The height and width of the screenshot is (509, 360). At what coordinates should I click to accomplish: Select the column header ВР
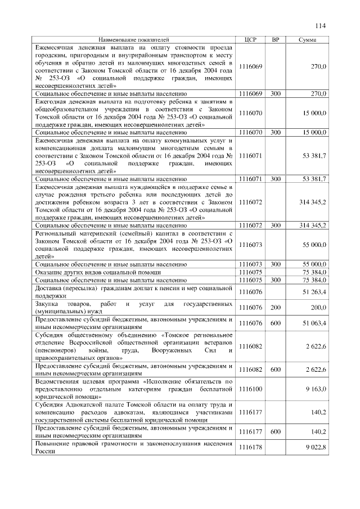pyautogui.click(x=275, y=40)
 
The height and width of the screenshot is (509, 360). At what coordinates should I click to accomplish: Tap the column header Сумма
pyautogui.click(x=307, y=40)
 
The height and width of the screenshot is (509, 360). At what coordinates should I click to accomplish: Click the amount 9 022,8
pyautogui.click(x=315, y=447)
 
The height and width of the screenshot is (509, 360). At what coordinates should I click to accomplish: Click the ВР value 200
pyautogui.click(x=275, y=307)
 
